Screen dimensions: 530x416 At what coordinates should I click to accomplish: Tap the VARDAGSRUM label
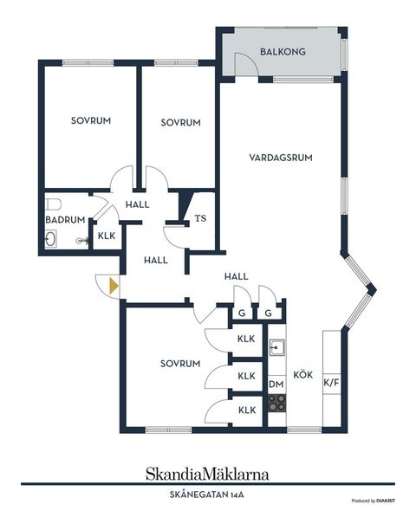click(280, 158)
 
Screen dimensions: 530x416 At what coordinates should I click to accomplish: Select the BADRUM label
click(65, 220)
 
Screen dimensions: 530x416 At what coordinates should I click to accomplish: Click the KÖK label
click(302, 375)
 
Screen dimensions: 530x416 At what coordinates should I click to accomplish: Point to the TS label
click(200, 219)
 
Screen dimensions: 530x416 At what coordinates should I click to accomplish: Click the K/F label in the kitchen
click(331, 382)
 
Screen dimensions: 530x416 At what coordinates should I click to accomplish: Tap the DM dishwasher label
click(276, 384)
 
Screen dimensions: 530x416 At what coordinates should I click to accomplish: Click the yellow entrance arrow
click(113, 285)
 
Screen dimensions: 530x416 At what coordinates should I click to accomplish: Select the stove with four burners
click(276, 402)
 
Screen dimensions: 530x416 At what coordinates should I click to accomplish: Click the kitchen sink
click(276, 348)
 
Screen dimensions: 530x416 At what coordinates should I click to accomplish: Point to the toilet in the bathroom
click(53, 204)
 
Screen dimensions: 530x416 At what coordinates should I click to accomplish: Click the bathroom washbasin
click(50, 240)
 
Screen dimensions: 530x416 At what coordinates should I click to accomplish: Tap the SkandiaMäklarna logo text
click(207, 474)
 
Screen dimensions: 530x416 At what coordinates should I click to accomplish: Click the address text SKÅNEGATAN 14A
click(207, 495)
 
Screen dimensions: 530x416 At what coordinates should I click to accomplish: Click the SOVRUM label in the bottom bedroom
click(180, 364)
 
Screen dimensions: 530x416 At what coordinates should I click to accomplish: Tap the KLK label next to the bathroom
click(107, 236)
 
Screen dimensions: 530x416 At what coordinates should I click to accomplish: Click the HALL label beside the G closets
click(237, 276)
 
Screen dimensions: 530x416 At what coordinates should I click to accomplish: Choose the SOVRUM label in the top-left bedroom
click(91, 121)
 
